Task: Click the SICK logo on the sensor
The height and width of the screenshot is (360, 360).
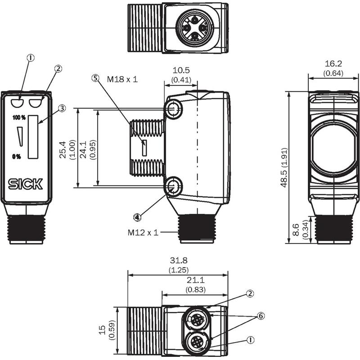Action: (x=26, y=184)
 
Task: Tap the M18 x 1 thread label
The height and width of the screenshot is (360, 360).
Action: (x=122, y=80)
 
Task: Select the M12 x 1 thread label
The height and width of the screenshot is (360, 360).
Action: (x=143, y=233)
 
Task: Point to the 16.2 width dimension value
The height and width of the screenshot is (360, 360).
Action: (x=333, y=63)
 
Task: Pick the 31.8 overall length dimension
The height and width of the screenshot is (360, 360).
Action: (x=179, y=261)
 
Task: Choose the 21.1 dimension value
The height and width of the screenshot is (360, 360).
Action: (x=195, y=280)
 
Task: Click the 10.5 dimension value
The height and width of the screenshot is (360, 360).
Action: (x=181, y=70)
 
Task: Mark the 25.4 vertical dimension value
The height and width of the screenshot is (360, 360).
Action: (x=63, y=150)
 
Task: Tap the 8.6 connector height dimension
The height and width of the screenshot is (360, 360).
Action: (x=296, y=230)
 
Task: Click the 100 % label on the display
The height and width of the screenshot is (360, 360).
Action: (x=19, y=118)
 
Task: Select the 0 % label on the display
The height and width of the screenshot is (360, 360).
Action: (x=16, y=157)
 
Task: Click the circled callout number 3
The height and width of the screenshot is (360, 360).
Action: (x=62, y=108)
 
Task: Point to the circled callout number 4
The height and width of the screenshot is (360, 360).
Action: (x=137, y=217)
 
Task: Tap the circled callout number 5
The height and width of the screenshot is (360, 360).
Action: (x=95, y=78)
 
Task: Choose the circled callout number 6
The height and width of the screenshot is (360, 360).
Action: (x=261, y=316)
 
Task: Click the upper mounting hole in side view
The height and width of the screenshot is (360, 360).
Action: (x=174, y=109)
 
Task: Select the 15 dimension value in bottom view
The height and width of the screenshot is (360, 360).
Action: (x=103, y=330)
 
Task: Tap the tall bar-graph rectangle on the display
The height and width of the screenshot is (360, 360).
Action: (x=33, y=137)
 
